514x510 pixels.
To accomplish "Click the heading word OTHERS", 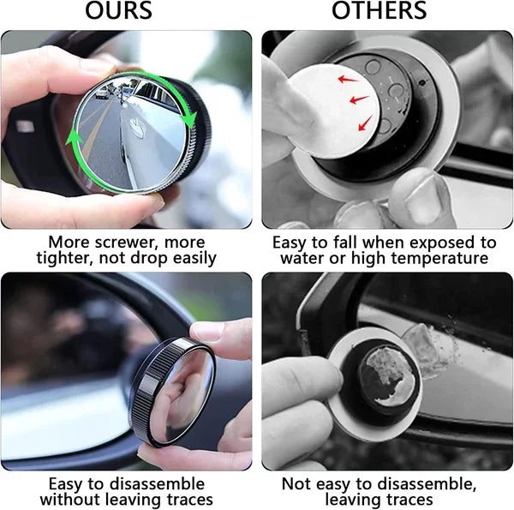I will pos(380,11).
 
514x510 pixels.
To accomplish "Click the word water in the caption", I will pos(300,258).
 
